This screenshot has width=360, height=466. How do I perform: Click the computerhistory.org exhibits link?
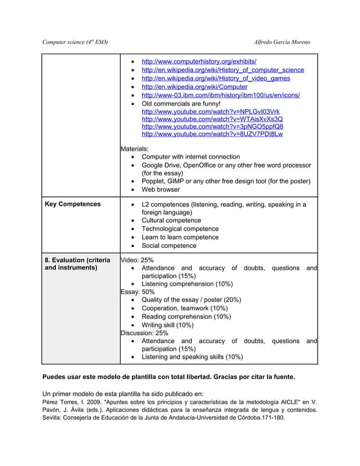pos(199,61)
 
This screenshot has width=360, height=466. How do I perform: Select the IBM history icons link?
pos(221,95)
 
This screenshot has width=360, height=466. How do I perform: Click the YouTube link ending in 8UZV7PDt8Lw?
pos(212,135)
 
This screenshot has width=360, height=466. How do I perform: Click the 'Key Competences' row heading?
pos(72,204)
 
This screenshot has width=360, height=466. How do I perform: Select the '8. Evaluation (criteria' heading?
pos(77,260)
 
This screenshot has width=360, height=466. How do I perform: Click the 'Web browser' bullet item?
pos(160,190)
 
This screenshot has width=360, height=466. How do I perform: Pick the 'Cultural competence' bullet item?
pos(171,221)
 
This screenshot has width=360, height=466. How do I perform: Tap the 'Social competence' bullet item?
pos(169,246)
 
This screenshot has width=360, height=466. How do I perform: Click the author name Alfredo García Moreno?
pos(282,43)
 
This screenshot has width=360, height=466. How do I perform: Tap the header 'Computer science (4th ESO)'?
pos(75,43)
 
